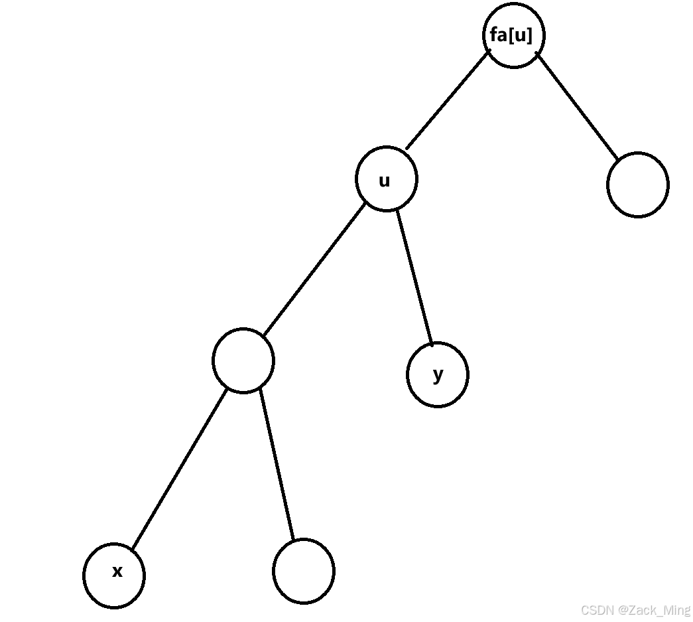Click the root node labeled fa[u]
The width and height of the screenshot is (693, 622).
coord(513,35)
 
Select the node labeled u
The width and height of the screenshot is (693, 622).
coord(387,179)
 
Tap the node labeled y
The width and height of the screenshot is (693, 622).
coord(438,374)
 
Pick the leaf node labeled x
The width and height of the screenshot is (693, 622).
coord(114,575)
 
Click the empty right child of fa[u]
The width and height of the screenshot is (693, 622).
coord(637,185)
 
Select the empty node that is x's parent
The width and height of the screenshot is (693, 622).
coord(243,360)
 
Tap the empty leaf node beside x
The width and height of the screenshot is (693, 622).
coord(304,571)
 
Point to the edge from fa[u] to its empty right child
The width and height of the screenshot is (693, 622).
coord(576,106)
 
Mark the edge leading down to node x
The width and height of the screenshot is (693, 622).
coord(179,469)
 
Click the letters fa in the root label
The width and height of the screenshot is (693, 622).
coord(498,35)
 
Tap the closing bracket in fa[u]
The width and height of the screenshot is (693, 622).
coord(529,36)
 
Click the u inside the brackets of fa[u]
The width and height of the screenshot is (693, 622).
coord(520,36)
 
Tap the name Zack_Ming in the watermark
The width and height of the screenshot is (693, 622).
coord(659,610)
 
